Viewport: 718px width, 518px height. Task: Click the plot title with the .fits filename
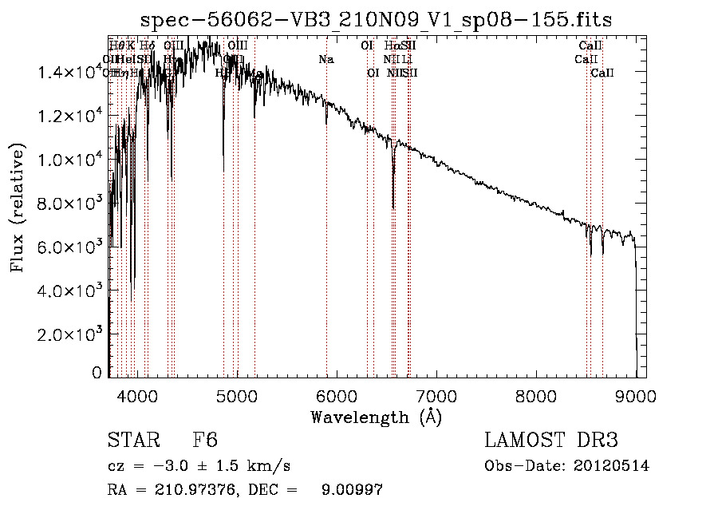[x=376, y=20]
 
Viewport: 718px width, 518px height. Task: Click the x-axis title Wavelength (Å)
[x=376, y=417]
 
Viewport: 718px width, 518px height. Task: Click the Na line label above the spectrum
[x=326, y=59]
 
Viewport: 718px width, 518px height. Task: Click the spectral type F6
[x=205, y=441]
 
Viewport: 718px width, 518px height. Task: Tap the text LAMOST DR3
[x=551, y=441]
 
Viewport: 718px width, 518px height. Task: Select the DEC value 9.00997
[x=350, y=490]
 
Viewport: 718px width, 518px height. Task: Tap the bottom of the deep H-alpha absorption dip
[x=393, y=208]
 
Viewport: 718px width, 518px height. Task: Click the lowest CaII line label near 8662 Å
[x=602, y=73]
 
